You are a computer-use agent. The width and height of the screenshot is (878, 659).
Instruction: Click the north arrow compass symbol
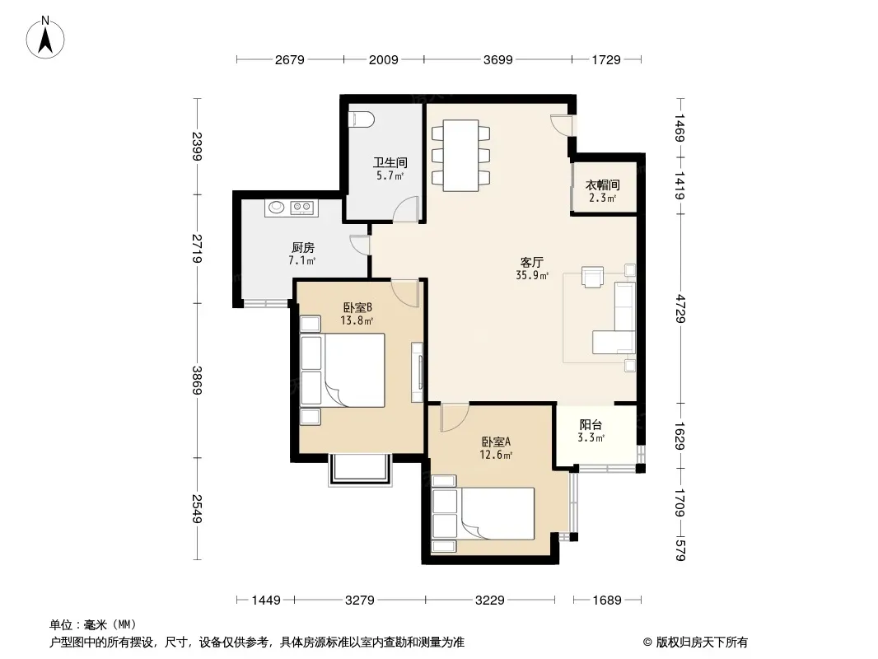click(45, 37)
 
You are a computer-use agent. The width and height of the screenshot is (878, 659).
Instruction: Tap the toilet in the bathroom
click(362, 119)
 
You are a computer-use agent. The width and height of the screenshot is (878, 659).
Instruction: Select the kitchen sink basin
click(276, 208)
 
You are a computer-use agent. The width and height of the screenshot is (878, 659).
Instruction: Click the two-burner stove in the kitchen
click(303, 208)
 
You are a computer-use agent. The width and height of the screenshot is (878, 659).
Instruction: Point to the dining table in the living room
click(461, 155)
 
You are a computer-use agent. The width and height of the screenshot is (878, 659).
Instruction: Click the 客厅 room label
click(531, 262)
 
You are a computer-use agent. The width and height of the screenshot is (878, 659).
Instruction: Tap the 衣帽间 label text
click(603, 185)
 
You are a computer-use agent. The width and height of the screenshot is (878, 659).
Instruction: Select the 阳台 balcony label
click(591, 425)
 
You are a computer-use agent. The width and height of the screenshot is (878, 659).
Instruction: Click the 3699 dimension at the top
click(497, 59)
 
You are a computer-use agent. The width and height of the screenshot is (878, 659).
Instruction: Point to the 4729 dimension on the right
click(680, 309)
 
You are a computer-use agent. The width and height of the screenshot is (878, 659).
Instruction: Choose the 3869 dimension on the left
click(197, 380)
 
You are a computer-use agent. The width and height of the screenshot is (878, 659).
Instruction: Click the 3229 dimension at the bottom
click(490, 601)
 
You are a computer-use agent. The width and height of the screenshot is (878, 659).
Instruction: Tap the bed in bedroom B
click(343, 370)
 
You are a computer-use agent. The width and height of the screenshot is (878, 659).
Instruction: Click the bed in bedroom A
click(483, 513)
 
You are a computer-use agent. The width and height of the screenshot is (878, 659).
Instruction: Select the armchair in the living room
click(592, 277)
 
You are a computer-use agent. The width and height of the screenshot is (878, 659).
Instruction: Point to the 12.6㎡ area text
click(496, 455)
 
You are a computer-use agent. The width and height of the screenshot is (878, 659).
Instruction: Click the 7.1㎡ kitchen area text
click(302, 260)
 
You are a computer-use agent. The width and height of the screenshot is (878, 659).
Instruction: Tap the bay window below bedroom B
click(358, 470)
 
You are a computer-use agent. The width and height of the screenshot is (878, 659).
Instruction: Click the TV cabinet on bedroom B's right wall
click(417, 372)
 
